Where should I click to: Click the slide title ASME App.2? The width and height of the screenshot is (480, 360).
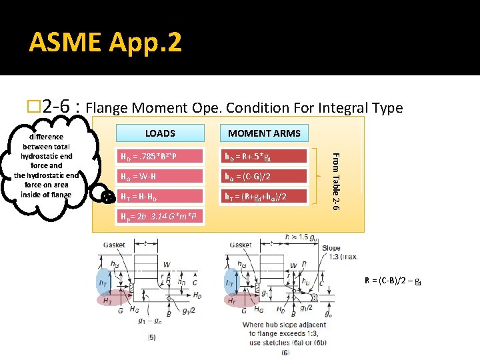coord(105,43)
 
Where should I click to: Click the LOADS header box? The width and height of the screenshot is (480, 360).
coord(160,133)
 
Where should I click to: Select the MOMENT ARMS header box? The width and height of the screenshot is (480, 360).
coord(264,133)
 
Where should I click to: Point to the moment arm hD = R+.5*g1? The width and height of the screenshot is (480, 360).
coord(264,157)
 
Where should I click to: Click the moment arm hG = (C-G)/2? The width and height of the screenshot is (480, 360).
coord(264,177)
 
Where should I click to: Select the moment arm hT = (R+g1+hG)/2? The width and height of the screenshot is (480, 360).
coord(264,196)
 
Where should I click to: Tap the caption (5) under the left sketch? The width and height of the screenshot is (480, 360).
coord(151,337)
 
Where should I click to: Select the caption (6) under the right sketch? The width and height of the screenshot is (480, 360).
coord(285,352)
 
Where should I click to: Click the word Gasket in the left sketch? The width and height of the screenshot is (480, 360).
coord(114,245)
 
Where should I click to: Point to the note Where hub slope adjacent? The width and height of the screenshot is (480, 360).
coord(285,325)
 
